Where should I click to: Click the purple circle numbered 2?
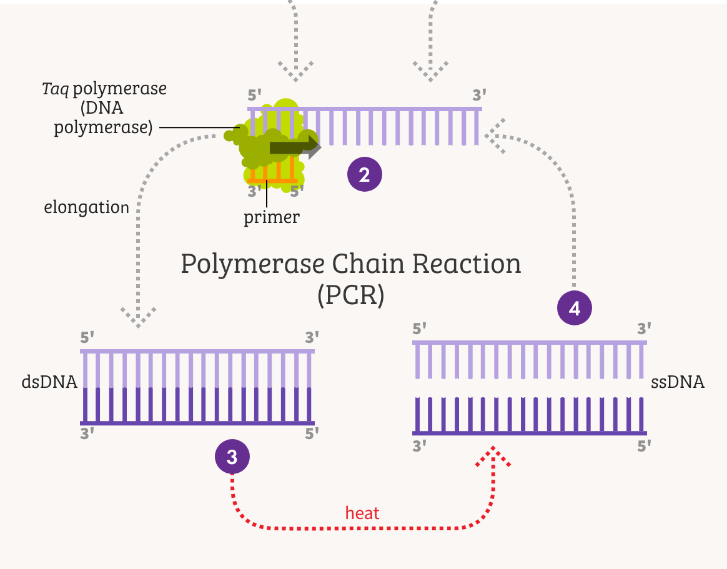click(x=364, y=174)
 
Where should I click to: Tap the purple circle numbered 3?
click(x=232, y=457)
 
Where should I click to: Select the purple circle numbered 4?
click(x=575, y=309)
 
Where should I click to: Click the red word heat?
click(x=362, y=513)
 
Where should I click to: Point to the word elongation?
click(x=86, y=207)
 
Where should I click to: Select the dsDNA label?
click(x=49, y=382)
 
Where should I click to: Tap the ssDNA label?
click(x=678, y=382)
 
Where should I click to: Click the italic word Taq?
click(x=55, y=89)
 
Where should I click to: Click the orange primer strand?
click(x=272, y=181)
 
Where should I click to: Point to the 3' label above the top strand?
click(x=479, y=96)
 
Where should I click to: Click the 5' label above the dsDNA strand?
click(x=87, y=338)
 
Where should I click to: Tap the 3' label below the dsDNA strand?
click(x=87, y=433)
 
